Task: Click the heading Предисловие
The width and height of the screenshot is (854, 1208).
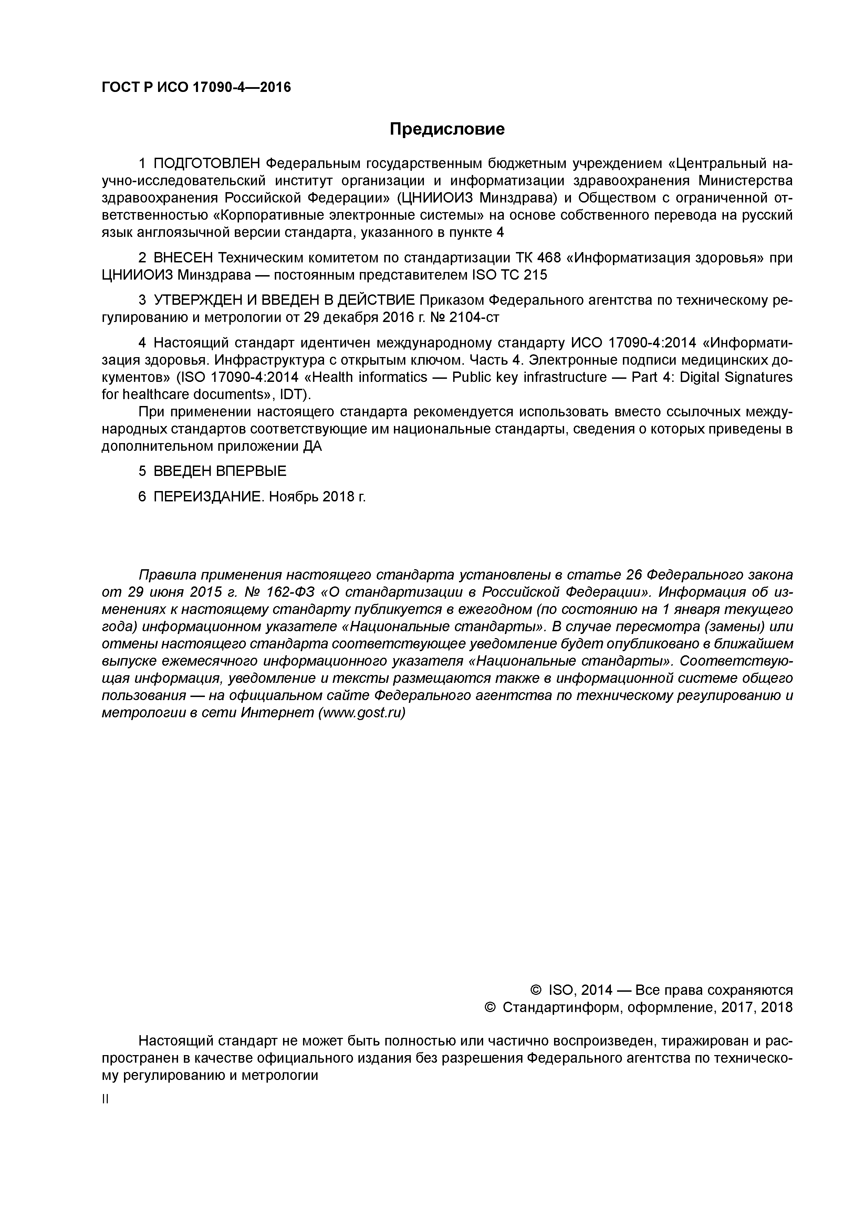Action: coord(447,129)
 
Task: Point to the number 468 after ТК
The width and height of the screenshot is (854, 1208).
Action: coord(549,258)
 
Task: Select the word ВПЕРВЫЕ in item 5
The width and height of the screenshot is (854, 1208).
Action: coord(251,471)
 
